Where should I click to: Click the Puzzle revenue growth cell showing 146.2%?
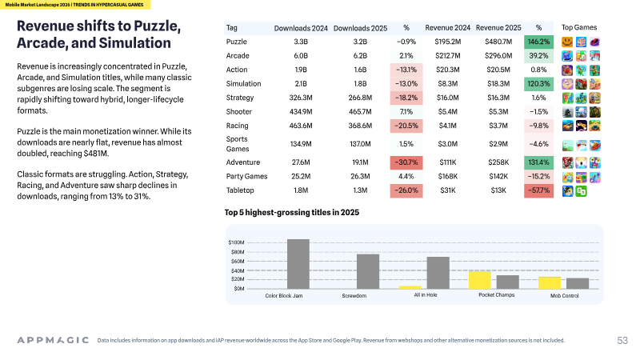(538, 42)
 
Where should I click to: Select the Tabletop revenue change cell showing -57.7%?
(538, 190)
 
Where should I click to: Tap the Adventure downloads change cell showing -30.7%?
(406, 162)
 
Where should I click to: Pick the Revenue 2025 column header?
(498, 28)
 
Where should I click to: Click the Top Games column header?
(578, 27)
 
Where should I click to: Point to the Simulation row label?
(244, 84)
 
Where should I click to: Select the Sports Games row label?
(238, 144)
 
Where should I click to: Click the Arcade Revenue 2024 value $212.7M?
(448, 55)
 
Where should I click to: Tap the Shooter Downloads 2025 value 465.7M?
(360, 111)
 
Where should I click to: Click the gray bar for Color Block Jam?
(298, 264)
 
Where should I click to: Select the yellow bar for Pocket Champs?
(479, 280)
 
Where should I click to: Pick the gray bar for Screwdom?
(368, 271)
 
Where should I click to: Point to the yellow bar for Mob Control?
(550, 283)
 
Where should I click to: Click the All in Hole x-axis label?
(426, 295)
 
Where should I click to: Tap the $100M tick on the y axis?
(236, 242)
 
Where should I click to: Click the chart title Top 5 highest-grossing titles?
(292, 212)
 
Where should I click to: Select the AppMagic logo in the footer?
(53, 340)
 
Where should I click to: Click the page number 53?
(622, 341)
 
